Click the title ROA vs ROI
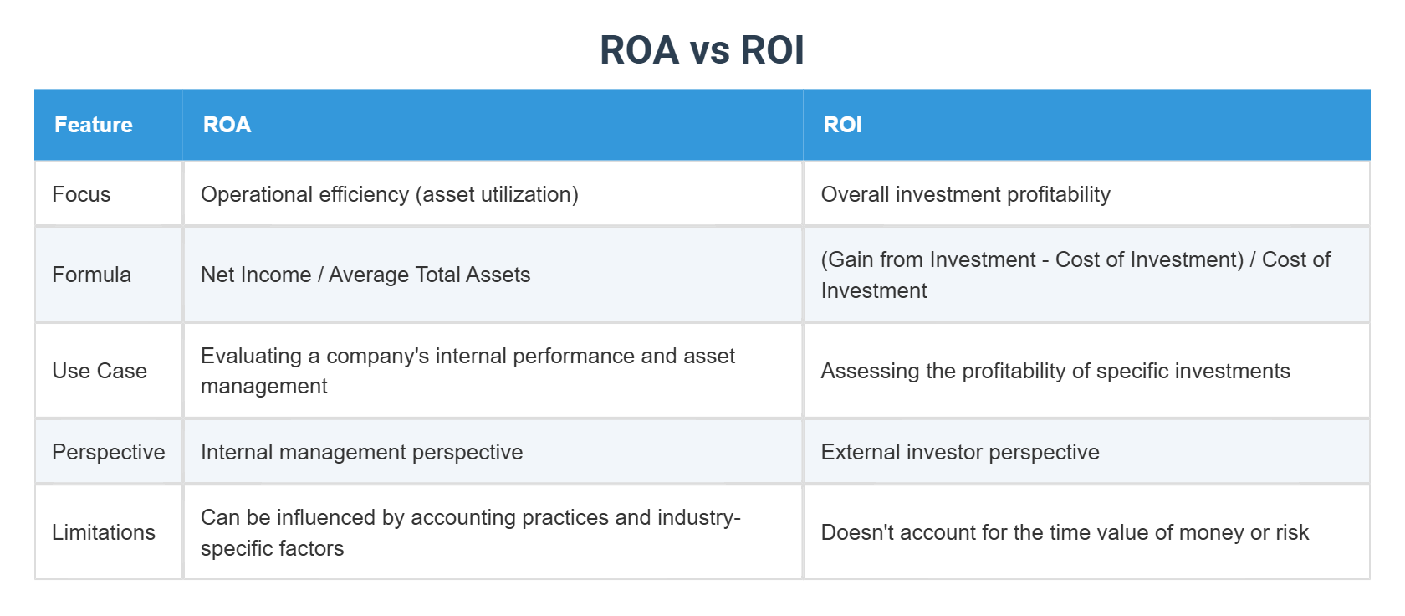click(702, 50)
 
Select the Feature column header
click(94, 125)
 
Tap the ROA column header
click(227, 125)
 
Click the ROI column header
click(842, 125)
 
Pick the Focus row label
click(81, 194)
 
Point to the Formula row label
click(91, 275)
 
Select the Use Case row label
click(100, 371)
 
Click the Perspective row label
click(109, 452)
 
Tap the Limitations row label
click(104, 532)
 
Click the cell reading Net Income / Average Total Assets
click(365, 275)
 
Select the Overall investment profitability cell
click(965, 194)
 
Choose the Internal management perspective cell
click(361, 452)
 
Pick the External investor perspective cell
click(959, 452)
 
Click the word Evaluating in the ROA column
click(251, 356)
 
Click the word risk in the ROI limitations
click(1292, 532)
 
